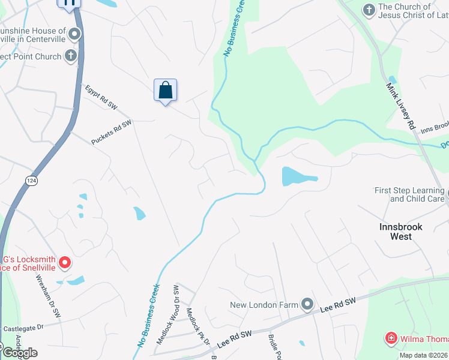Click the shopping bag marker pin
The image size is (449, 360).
pos(166,91)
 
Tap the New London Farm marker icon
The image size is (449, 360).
pos(307,305)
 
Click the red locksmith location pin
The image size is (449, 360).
pos(64,262)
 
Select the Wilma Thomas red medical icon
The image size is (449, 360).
pos(391,338)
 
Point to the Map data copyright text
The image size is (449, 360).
pos(423,355)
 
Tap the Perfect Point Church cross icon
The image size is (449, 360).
pos(70,56)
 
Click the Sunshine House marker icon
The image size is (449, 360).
pos(74,34)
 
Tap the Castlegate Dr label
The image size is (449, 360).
pos(24,328)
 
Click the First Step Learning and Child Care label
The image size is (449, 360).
pos(409,194)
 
